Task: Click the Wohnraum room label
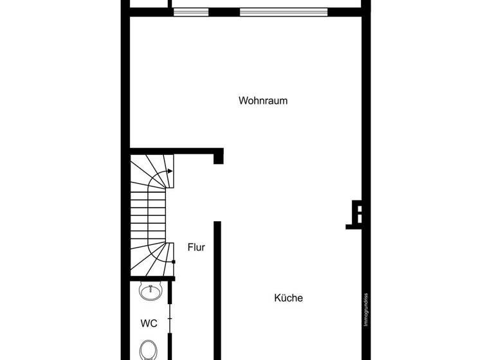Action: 262,101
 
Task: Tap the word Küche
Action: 288,298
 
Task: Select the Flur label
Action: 196,247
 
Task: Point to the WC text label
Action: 149,323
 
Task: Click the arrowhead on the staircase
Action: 169,171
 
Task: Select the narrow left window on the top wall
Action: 191,12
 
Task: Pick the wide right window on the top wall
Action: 283,12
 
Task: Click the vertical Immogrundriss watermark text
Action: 365,310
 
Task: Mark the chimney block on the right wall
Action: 358,214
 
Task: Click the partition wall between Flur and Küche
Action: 217,289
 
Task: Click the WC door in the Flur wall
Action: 170,318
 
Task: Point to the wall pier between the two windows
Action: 224,12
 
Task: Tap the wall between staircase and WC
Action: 152,278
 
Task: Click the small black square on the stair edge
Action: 174,262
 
